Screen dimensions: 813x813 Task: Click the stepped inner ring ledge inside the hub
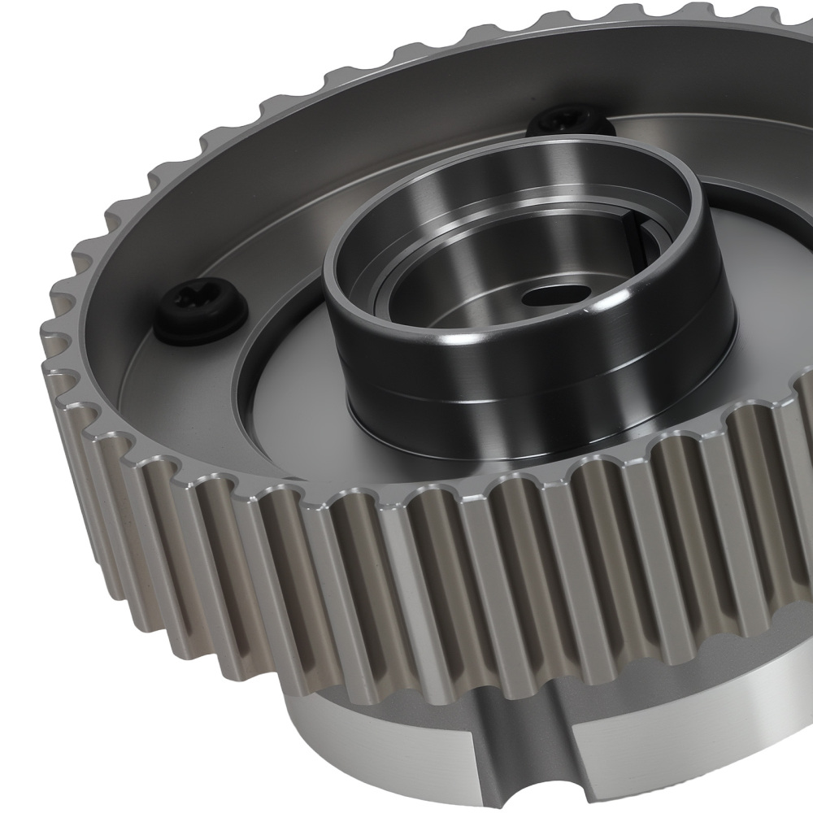click(406, 268)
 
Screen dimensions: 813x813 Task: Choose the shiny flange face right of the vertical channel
click(691, 732)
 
